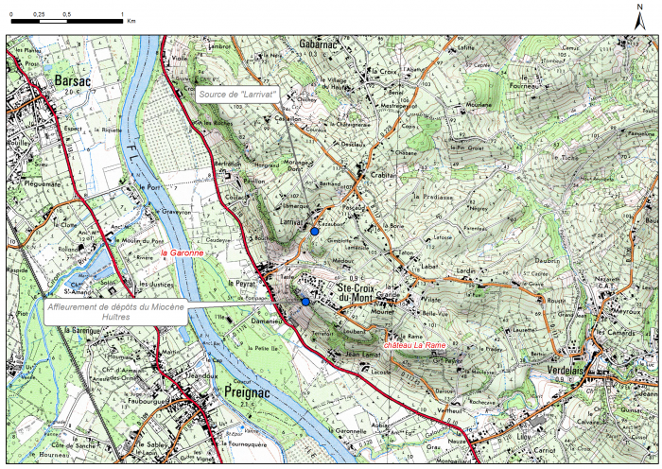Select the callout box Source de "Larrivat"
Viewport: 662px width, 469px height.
[x=237, y=95]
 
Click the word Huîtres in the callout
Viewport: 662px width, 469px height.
[x=114, y=318]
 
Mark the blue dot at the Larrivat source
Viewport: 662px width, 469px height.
[x=315, y=231]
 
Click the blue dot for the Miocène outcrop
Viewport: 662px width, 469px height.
[x=305, y=302]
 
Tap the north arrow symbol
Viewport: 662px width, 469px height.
[x=640, y=17]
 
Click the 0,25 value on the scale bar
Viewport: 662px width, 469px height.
[x=39, y=15]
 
